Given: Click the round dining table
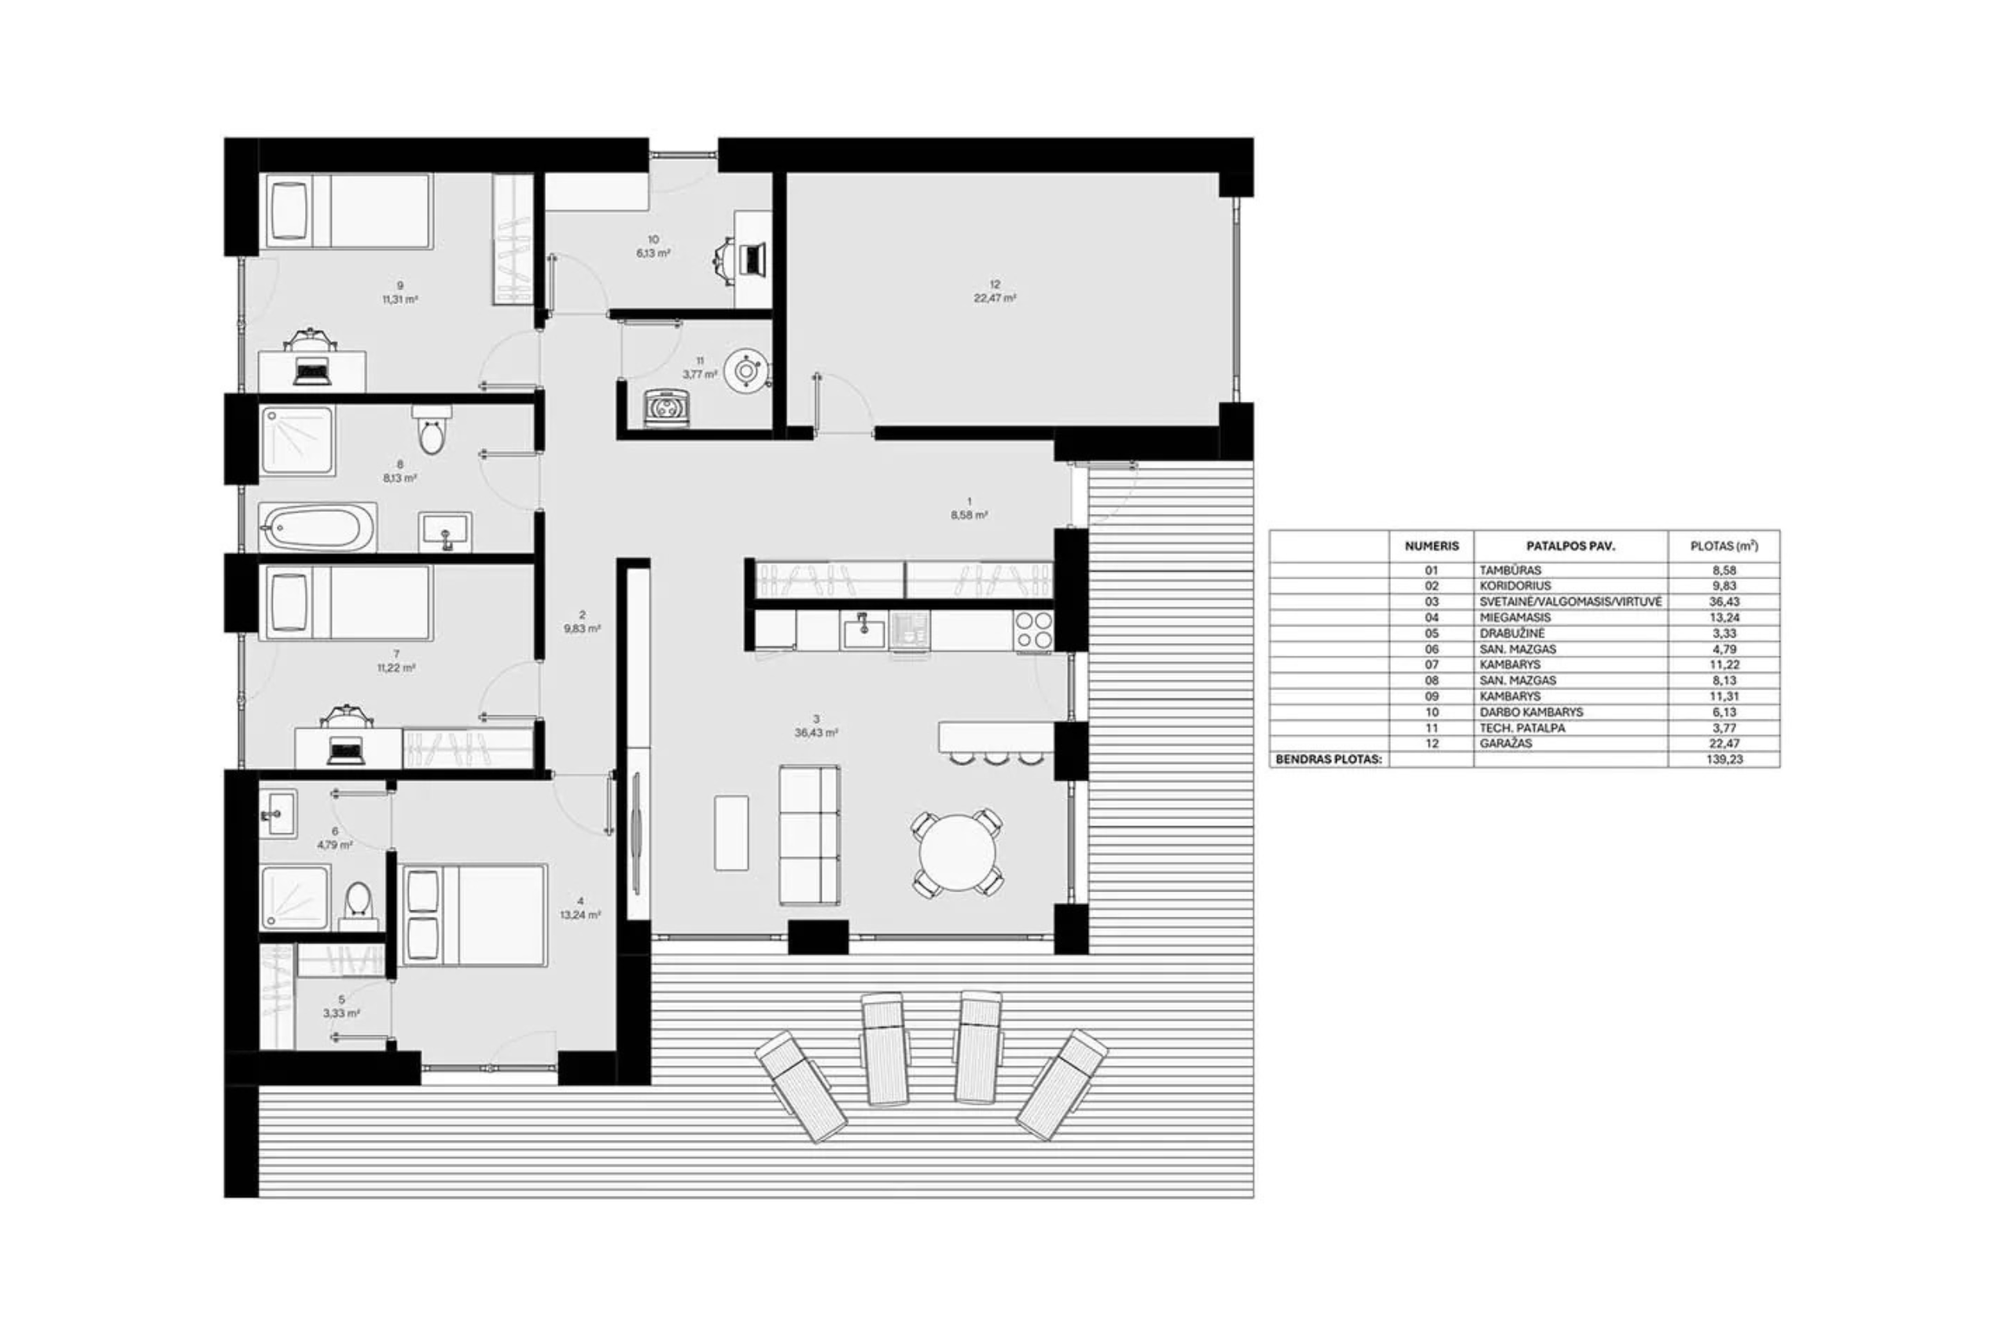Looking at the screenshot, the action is pos(957,852).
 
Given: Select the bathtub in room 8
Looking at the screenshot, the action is pos(318,528).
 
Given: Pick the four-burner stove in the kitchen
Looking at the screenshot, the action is pos(1034,631).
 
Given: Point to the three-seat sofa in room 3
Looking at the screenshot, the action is pos(809,834).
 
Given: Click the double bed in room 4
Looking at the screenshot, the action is pos(474,915).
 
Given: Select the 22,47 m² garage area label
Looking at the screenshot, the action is pos(995,298).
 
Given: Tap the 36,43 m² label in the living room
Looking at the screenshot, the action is pos(815,733).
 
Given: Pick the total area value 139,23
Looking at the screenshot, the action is pos(1724,759).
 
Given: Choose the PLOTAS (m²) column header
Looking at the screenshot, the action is pos(1724,545).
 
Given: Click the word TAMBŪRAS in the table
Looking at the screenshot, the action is pos(1510,570).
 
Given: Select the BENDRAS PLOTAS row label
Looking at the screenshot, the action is pos(1328,759).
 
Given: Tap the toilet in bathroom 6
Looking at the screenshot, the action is pos(358,906).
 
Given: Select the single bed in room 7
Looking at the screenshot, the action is pos(347,602).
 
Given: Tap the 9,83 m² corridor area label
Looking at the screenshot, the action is pos(582,628).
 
